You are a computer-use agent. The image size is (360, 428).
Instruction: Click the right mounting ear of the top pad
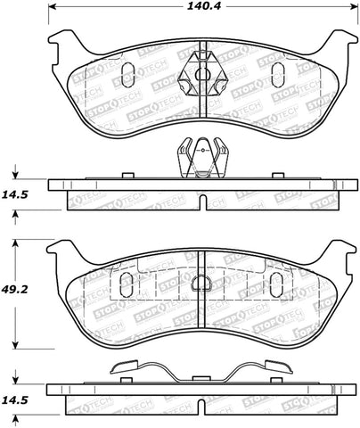pyautogui.click(x=339, y=41)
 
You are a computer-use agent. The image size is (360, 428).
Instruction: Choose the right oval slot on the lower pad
pyautogui.click(x=275, y=284)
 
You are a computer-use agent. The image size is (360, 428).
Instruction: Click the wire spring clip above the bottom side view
pyautogui.click(x=201, y=369)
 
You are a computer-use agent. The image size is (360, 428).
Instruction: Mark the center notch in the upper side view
pyautogui.click(x=202, y=198)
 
